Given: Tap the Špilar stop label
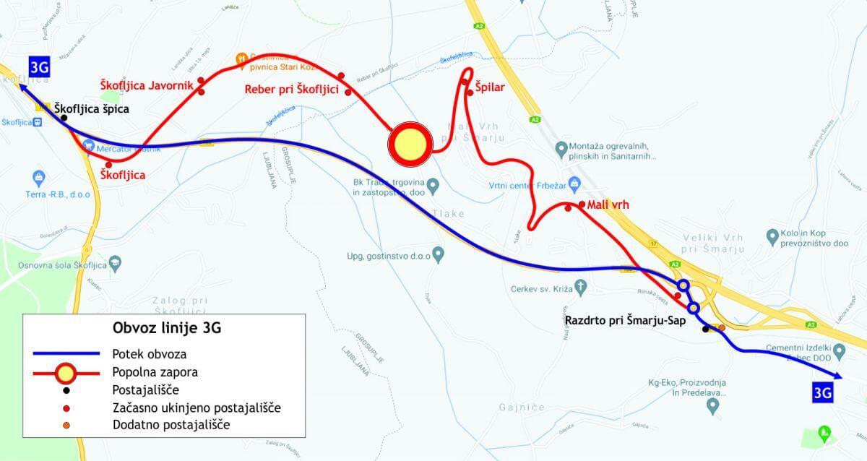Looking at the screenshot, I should pyautogui.click(x=489, y=87).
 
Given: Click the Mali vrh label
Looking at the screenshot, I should pyautogui.click(x=609, y=205).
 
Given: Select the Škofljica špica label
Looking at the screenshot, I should pyautogui.click(x=92, y=108).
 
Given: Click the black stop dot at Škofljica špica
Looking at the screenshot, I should pyautogui.click(x=64, y=118).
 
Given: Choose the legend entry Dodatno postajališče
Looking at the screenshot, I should pyautogui.click(x=171, y=425).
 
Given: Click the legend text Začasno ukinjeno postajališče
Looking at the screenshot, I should pyautogui.click(x=197, y=408).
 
